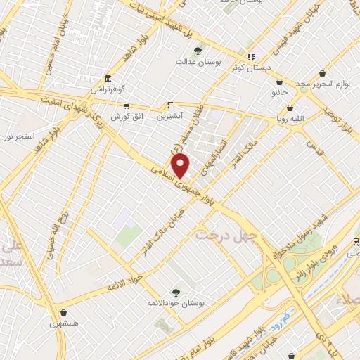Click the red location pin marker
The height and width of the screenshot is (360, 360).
[x=181, y=166]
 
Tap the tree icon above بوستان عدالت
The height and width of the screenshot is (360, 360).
[x=198, y=51]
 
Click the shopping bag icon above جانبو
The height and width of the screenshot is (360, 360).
[x=280, y=82]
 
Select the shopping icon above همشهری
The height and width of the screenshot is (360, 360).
[x=65, y=313]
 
